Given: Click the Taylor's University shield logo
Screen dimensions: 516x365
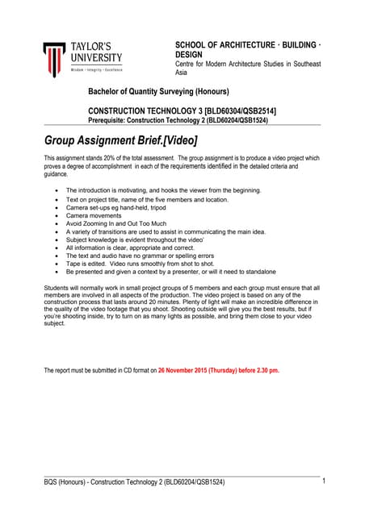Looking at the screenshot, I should pyautogui.click(x=54, y=59).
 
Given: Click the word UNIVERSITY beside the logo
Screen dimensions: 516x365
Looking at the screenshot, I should pyautogui.click(x=96, y=57).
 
